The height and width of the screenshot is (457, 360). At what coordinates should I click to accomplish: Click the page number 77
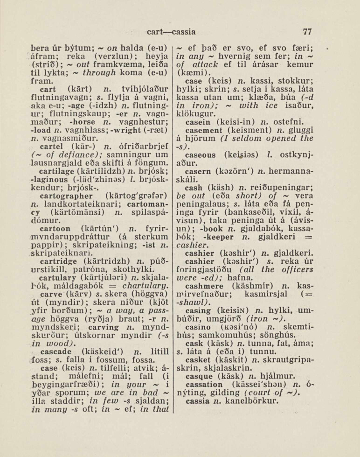click(307, 32)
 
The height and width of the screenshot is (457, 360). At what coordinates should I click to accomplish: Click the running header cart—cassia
click(171, 32)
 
